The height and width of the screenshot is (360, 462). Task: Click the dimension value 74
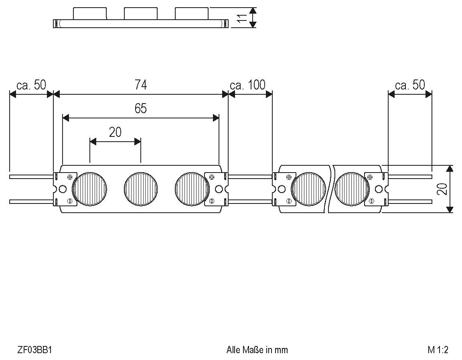pos(141,85)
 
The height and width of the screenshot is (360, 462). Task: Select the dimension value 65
pos(141,108)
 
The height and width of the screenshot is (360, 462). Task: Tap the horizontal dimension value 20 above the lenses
pos(115,132)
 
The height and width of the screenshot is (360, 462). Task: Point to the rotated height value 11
pos(241,18)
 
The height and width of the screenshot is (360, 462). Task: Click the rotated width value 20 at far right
pos(442,189)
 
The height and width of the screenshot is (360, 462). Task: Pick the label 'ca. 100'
pos(247,85)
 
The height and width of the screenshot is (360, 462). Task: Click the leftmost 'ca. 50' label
pos(31,85)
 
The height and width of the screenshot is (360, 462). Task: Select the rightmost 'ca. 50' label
pos(410,85)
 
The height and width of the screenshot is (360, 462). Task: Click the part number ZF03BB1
pos(35,350)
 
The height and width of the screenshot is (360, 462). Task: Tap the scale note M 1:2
pos(438,350)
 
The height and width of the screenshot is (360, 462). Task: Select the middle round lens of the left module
pos(141,189)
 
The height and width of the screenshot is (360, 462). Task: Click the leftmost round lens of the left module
pos(90,189)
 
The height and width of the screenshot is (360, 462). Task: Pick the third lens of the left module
pos(192,189)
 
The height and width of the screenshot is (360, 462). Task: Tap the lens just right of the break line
pos(351,189)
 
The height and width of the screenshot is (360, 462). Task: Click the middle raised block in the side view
pos(141,14)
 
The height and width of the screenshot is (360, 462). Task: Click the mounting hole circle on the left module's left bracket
pos(62,189)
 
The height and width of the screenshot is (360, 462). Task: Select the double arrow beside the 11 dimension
pos(252,18)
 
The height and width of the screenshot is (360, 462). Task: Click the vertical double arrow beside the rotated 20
pos(450,189)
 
